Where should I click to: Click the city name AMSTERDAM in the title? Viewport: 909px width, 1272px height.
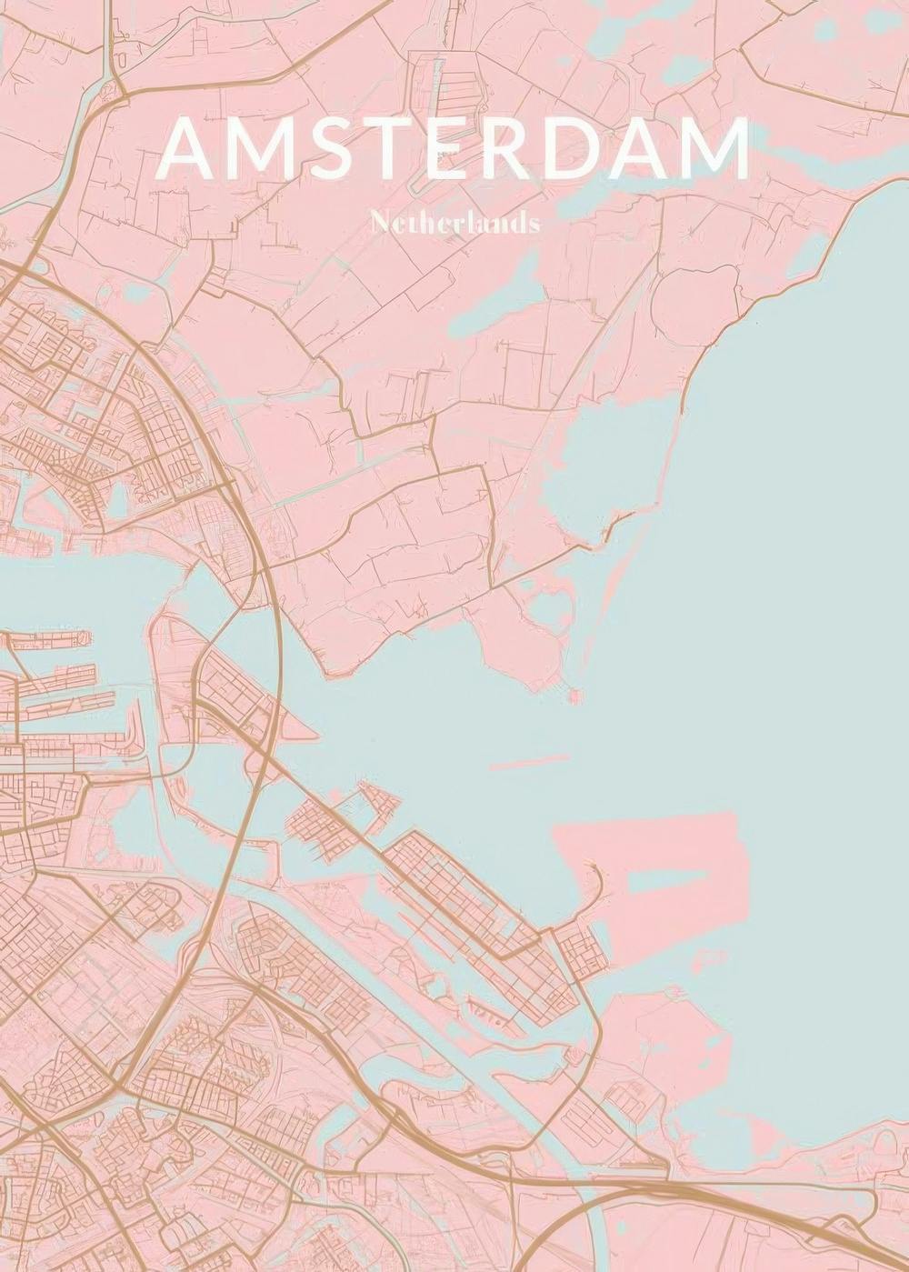pos(454,148)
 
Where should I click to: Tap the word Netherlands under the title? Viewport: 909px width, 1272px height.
pos(455,224)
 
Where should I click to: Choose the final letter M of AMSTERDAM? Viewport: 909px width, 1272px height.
pos(718,148)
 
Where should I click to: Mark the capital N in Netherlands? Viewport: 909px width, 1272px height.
pos(379,224)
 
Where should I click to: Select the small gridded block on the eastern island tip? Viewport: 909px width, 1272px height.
pos(579,950)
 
